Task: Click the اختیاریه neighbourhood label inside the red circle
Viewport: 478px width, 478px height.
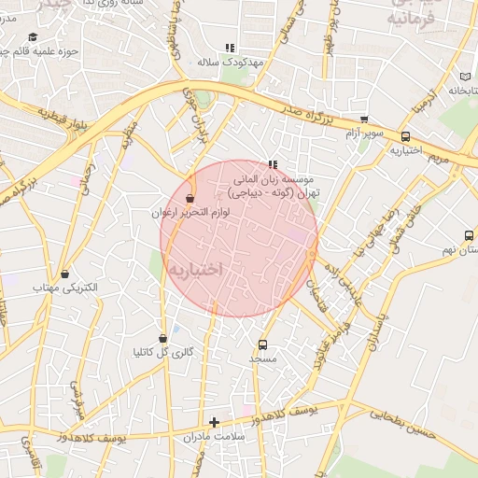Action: pos(196,269)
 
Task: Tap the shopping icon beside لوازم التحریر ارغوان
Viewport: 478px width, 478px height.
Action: pos(191,199)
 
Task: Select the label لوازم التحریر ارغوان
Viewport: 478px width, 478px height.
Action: pos(190,213)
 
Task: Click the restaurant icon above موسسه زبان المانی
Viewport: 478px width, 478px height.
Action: pos(273,164)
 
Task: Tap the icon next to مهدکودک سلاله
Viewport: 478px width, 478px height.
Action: pos(230,48)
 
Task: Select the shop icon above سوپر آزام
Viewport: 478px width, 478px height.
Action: pos(364,119)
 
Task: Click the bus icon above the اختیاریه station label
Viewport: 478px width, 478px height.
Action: pos(404,136)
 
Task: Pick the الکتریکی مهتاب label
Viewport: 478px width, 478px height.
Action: pos(65,288)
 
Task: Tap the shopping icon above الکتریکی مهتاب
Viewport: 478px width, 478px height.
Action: pos(64,274)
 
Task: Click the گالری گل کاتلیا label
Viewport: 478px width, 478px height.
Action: pos(164,352)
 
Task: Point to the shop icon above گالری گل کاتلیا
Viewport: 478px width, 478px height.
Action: pos(163,338)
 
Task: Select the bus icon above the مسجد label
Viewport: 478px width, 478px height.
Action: pos(262,344)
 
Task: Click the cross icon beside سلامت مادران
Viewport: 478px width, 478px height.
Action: pos(214,422)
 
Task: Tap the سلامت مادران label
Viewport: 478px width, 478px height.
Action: pos(214,436)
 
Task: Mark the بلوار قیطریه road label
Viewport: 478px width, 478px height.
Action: pos(65,119)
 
